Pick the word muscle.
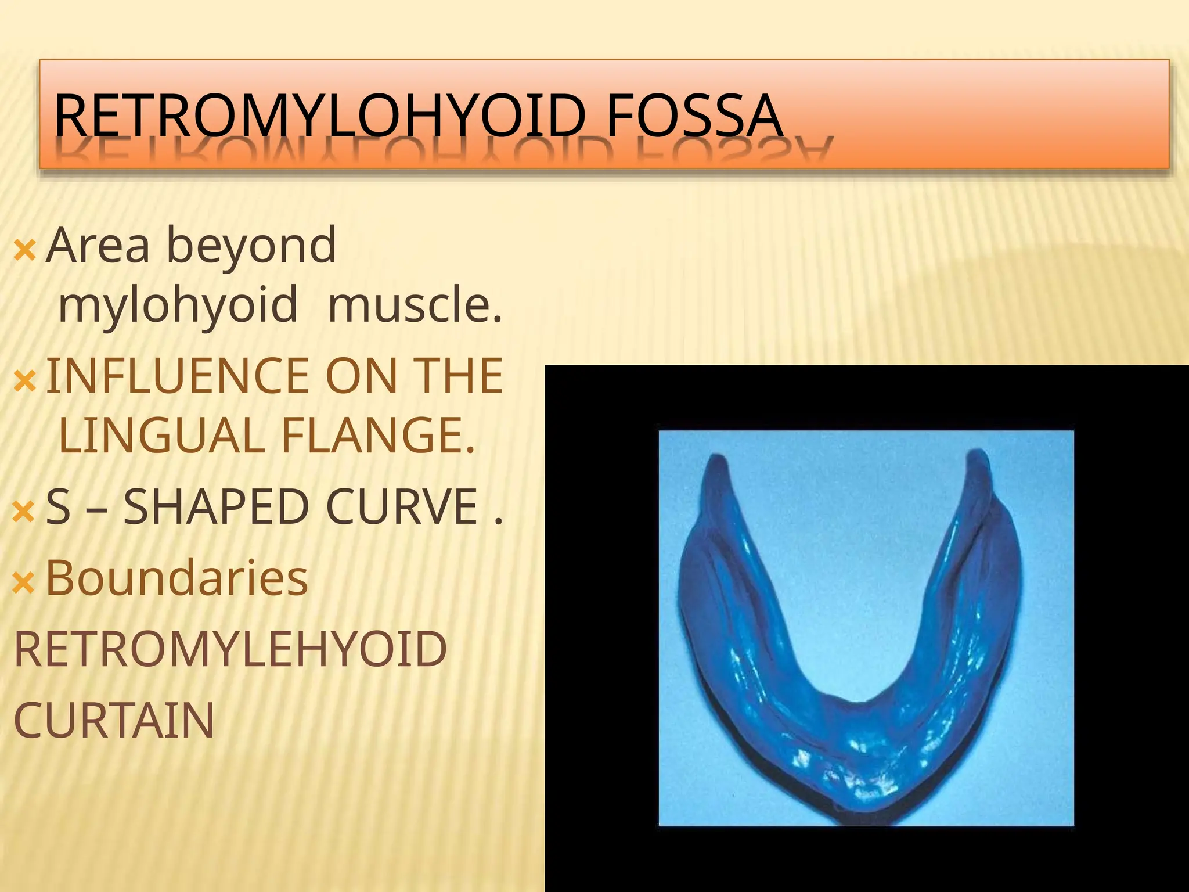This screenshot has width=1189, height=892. [414, 304]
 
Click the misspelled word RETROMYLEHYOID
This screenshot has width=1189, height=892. [230, 649]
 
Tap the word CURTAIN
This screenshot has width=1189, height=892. [114, 721]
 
